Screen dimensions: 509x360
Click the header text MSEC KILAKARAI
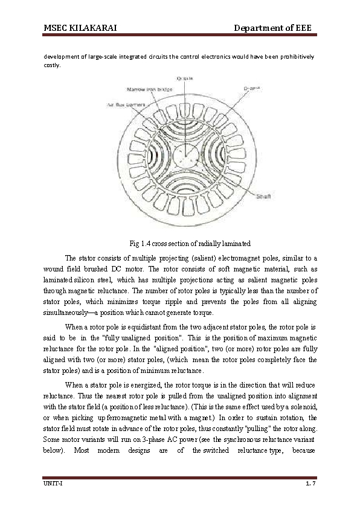80,28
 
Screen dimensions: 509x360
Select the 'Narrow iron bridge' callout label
146,89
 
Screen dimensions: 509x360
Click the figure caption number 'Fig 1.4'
140,244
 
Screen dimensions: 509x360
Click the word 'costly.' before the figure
53,65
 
